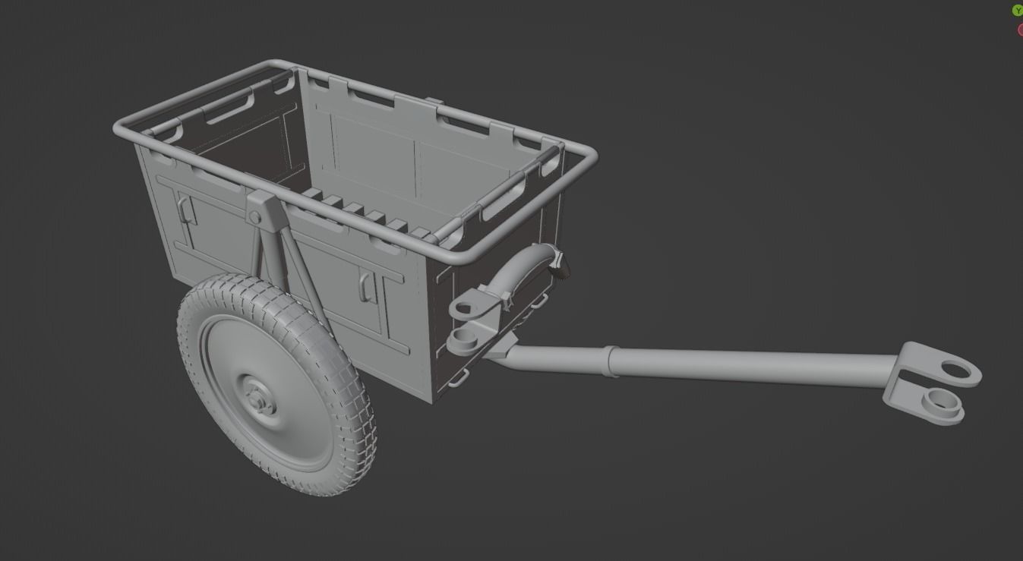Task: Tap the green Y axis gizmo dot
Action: (1018, 11)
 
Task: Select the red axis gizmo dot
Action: (1020, 30)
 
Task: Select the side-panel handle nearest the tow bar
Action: (365, 286)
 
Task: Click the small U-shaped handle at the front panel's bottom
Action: (458, 380)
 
